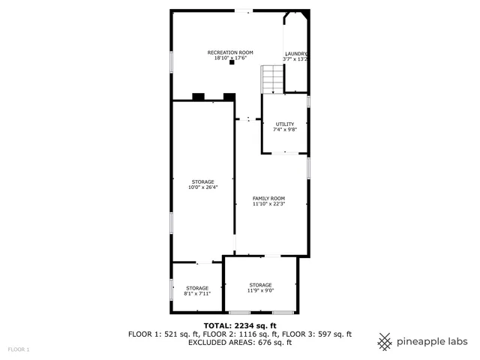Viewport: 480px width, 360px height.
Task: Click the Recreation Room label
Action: [230, 52]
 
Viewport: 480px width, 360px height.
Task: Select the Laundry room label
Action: [295, 53]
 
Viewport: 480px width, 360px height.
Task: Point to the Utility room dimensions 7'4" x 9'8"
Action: [285, 129]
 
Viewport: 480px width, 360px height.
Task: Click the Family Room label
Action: [268, 198]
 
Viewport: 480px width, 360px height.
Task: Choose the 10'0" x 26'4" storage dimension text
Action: [202, 187]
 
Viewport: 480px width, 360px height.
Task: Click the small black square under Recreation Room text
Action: [232, 62]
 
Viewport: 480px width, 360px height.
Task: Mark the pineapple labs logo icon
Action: [385, 340]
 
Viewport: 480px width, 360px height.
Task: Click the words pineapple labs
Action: [430, 341]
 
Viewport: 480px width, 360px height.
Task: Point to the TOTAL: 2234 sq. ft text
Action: [239, 325]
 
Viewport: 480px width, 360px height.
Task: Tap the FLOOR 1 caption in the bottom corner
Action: [19, 349]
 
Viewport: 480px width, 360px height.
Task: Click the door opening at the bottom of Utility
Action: [284, 153]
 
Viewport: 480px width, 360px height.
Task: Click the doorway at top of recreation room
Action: [244, 10]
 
